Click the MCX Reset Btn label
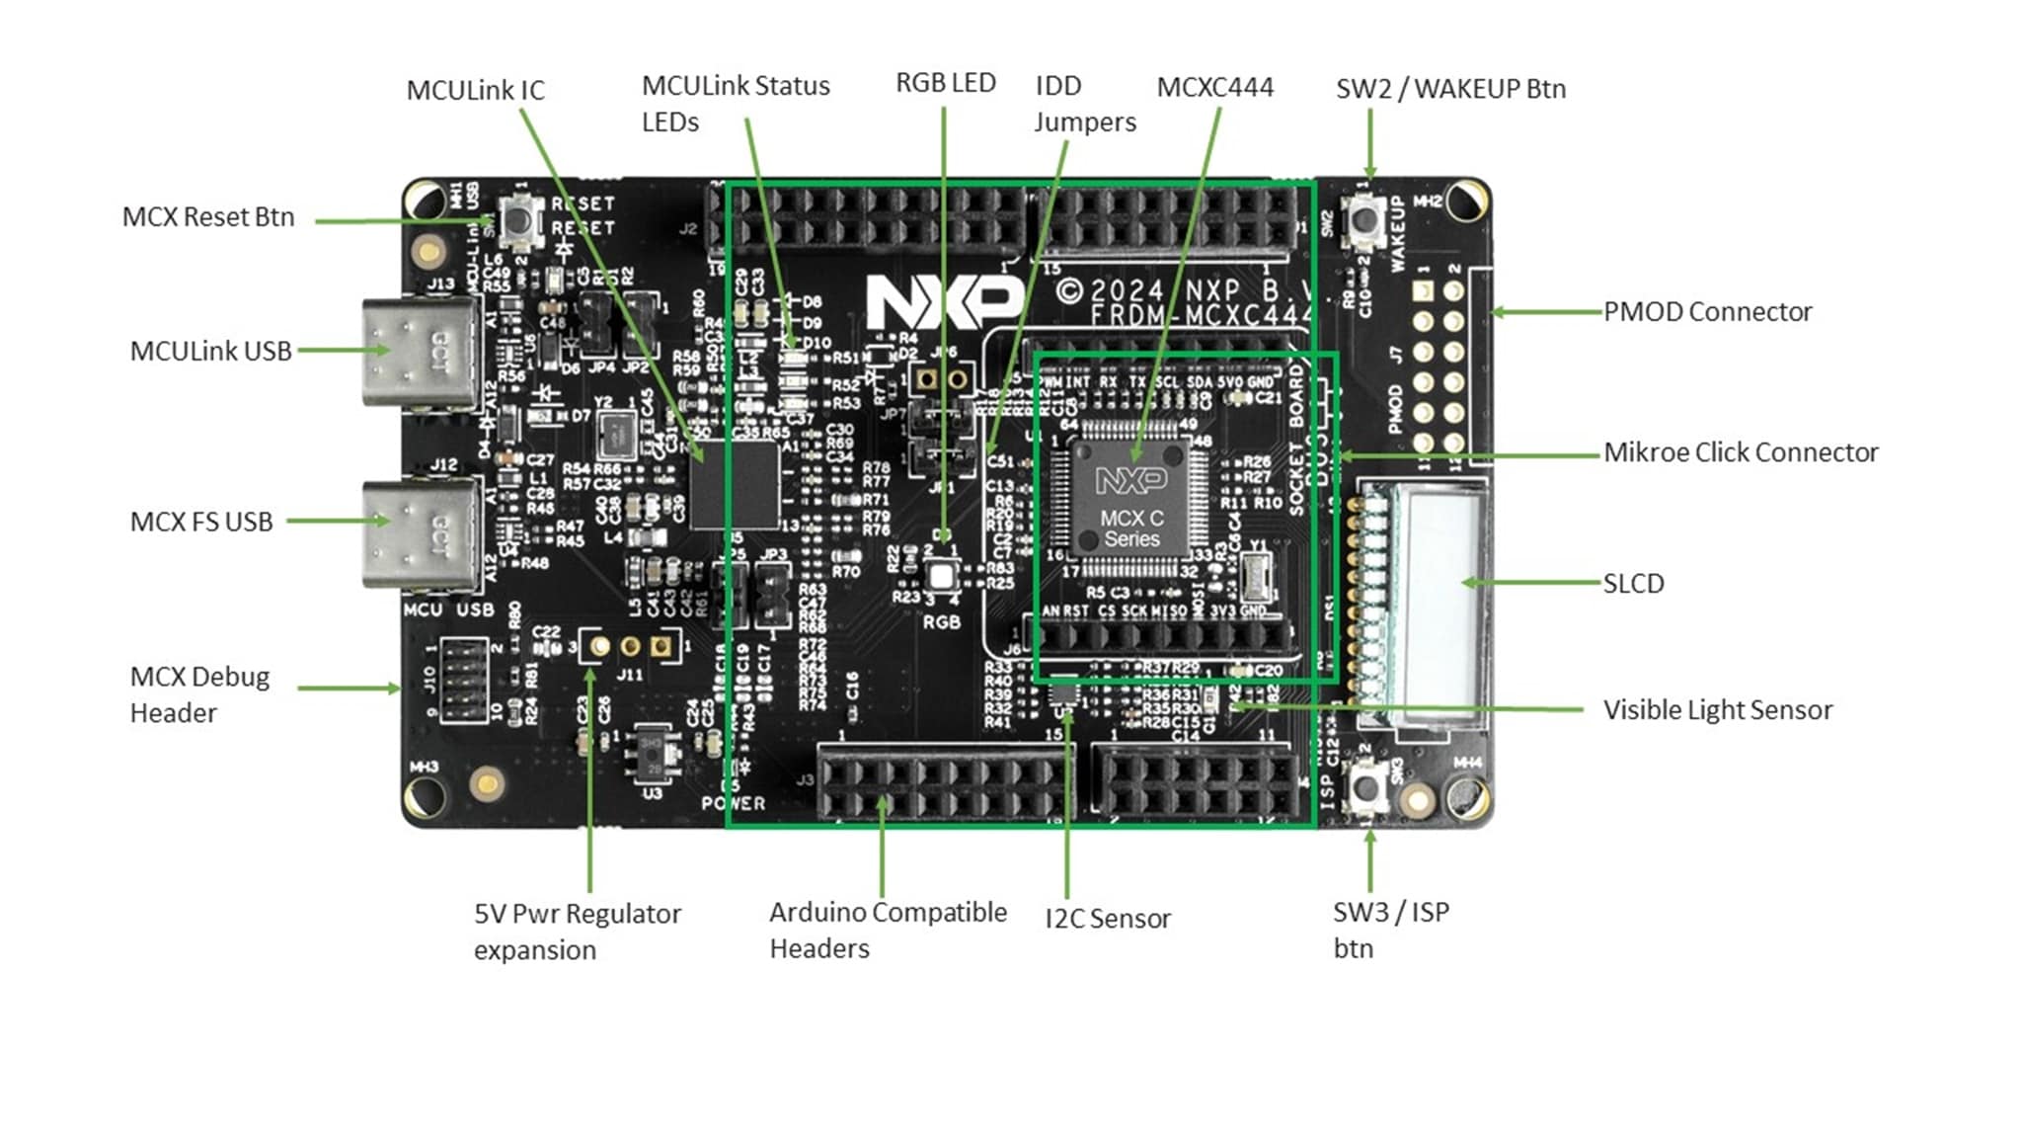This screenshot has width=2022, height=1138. [x=208, y=217]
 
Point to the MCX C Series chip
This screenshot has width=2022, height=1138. [x=1132, y=494]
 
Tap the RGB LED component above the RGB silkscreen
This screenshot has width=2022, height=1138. [x=942, y=576]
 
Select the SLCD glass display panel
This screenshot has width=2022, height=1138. [x=1440, y=593]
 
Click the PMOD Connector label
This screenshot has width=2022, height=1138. [x=1707, y=312]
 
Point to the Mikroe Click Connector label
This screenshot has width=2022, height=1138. [x=1740, y=452]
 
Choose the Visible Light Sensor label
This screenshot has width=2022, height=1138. [x=1717, y=710]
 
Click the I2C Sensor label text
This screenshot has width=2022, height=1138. [x=1107, y=919]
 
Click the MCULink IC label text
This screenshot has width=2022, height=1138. [x=475, y=91]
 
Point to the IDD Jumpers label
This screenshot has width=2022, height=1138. [x=1084, y=104]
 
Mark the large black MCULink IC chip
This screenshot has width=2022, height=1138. [x=736, y=485]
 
